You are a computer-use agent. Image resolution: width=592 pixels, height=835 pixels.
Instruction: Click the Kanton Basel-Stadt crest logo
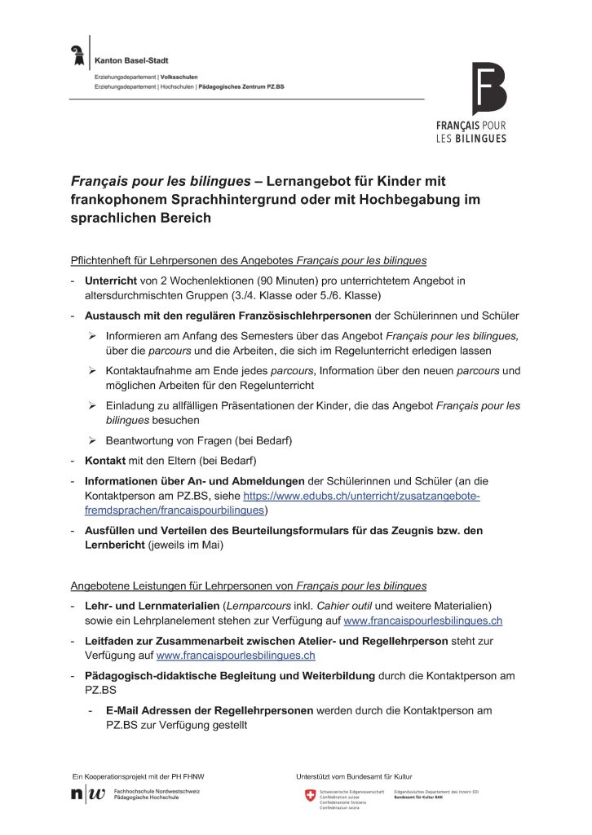point(78,55)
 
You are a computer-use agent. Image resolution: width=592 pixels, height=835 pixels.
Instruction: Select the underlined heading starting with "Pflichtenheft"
point(248,261)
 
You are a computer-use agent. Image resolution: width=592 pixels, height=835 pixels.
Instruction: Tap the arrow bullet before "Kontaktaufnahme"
point(93,371)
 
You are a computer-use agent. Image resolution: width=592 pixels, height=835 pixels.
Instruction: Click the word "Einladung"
point(131,405)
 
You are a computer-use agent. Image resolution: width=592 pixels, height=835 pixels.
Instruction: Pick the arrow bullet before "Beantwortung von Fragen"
point(93,440)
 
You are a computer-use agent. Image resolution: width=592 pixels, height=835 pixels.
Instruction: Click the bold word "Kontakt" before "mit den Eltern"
point(104,461)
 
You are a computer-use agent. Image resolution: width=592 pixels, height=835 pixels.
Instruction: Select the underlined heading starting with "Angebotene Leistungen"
point(248,585)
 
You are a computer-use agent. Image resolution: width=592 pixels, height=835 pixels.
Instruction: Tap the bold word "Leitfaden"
point(111,641)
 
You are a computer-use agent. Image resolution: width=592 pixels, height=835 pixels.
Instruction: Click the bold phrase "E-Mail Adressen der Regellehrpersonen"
point(210,710)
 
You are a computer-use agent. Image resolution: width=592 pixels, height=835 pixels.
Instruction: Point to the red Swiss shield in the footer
point(310,796)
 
